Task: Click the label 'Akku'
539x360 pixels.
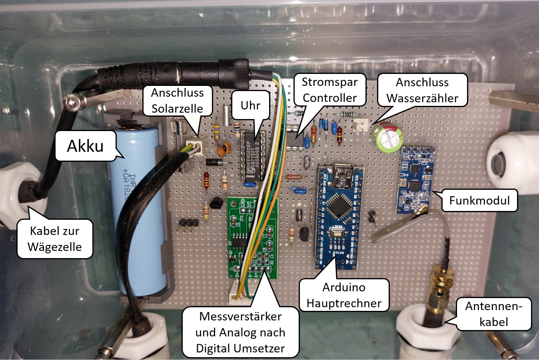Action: click(85, 146)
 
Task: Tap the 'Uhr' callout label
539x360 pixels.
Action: click(250, 105)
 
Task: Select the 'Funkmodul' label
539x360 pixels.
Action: click(479, 200)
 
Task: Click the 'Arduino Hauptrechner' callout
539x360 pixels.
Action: click(344, 295)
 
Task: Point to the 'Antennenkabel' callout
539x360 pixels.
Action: click(493, 314)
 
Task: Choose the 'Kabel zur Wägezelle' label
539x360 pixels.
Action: click(55, 239)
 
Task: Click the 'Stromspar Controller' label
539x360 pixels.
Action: click(329, 90)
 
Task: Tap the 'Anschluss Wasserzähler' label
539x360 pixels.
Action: click(422, 90)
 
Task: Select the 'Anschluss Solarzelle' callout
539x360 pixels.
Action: click(177, 100)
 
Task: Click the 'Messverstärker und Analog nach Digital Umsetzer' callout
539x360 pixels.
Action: click(240, 332)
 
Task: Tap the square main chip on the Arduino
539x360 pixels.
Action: click(337, 206)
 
